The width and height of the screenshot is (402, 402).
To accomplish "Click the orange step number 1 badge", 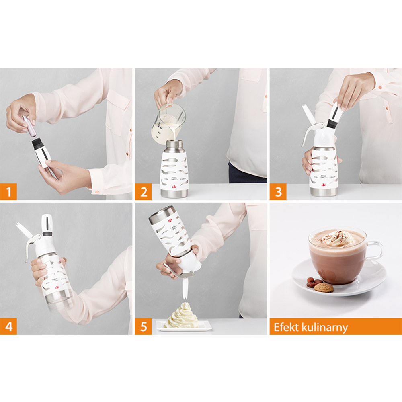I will coord(8,192).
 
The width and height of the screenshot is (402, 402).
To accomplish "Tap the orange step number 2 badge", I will coord(144,192).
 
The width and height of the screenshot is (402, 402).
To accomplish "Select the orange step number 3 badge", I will coord(278,192).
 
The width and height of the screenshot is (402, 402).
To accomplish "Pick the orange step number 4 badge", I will coord(8,326).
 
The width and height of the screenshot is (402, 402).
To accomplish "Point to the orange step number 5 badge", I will coord(144,326).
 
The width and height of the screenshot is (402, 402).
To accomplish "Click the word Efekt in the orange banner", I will coord(286,327).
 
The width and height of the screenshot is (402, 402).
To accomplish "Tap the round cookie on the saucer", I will coord(324,287).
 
